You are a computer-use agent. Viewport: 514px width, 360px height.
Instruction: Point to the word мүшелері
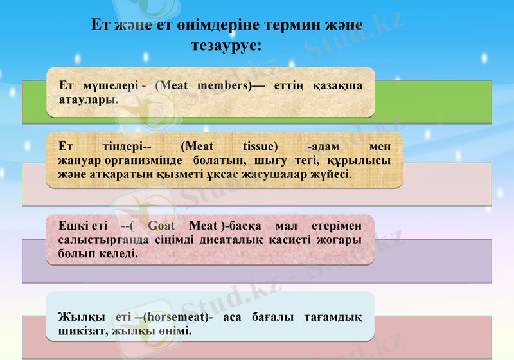point(107,85)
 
